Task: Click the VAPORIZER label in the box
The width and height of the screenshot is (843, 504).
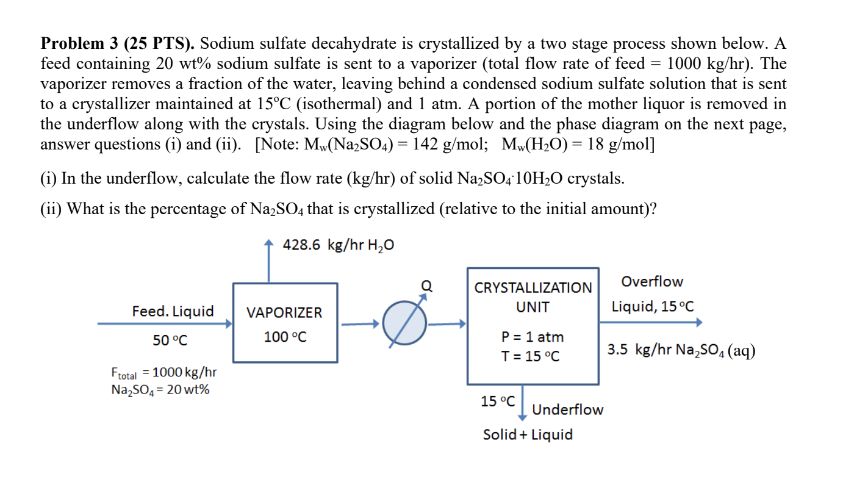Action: click(x=284, y=313)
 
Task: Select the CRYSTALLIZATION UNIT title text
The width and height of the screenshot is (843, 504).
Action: click(x=533, y=297)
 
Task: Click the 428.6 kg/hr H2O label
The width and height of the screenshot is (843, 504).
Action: click(x=339, y=245)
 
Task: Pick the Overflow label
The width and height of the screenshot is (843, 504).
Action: click(x=652, y=282)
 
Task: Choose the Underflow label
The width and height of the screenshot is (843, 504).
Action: click(x=567, y=409)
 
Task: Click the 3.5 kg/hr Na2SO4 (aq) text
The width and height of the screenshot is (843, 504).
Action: click(x=681, y=350)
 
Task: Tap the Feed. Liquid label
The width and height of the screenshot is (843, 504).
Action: click(x=173, y=312)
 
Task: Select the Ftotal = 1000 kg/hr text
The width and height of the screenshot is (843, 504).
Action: click(x=164, y=372)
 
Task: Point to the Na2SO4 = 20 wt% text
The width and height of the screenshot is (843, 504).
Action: click(x=160, y=390)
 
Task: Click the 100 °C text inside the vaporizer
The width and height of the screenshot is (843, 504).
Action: click(x=285, y=337)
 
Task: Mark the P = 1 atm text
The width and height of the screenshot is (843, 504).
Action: click(x=533, y=337)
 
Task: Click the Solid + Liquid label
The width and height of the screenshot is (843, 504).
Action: click(x=528, y=434)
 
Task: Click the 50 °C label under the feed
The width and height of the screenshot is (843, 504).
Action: click(x=170, y=340)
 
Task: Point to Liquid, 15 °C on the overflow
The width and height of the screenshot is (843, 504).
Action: click(x=653, y=306)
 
